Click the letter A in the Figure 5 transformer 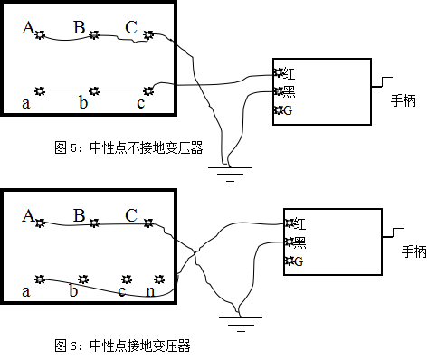coord(28,28)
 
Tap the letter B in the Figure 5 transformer coord(80,28)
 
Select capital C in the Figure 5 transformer coord(131,28)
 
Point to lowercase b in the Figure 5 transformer coord(83,103)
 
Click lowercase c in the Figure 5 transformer coord(140,103)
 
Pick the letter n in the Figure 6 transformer coord(149,291)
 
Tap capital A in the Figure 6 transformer coord(28,216)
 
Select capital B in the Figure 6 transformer coord(80,216)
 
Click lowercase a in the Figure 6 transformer coord(26,291)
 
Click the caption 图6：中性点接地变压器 coord(122,346)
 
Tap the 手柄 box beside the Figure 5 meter coord(403,101)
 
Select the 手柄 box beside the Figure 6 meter coord(413,252)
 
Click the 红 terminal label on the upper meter coord(289,72)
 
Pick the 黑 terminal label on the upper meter coord(289,91)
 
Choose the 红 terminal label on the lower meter coord(299,223)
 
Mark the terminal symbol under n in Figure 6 coord(159,279)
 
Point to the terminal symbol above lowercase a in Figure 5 coord(39,90)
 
